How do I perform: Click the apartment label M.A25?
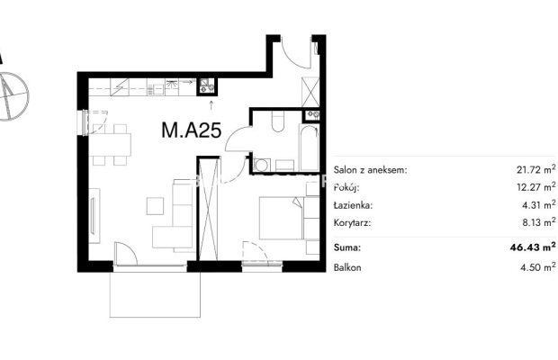pyautogui.click(x=192, y=130)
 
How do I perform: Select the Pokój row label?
pyautogui.click(x=346, y=187)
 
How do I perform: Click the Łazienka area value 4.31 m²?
pyautogui.click(x=539, y=204)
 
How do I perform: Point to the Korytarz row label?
pyautogui.click(x=352, y=223)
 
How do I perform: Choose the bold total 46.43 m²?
pyautogui.click(x=533, y=247)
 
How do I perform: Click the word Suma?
pyautogui.click(x=347, y=247)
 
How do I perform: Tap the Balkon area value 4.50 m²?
pyautogui.click(x=538, y=266)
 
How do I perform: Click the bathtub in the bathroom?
pyautogui.click(x=309, y=148)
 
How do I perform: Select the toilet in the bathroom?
pyautogui.click(x=277, y=121)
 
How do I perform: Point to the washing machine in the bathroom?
pyautogui.click(x=262, y=165)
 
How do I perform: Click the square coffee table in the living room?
pyautogui.click(x=155, y=206)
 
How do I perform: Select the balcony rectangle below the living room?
pyautogui.click(x=155, y=294)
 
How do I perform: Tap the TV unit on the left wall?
pyautogui.click(x=94, y=216)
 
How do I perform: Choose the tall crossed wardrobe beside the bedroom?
pyautogui.click(x=208, y=210)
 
